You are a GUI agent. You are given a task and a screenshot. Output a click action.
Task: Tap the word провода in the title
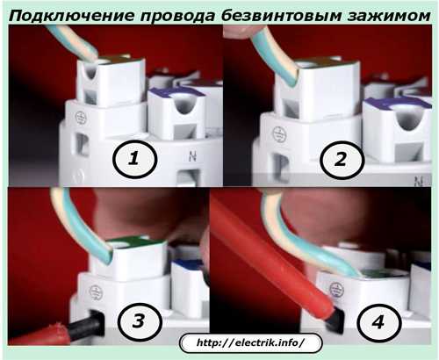(177, 17)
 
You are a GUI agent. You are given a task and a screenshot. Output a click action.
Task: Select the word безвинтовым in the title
(281, 17)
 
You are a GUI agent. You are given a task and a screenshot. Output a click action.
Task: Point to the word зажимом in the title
(389, 17)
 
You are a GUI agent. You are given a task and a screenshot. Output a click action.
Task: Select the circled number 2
(342, 159)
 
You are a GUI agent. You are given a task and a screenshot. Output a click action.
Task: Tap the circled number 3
(139, 320)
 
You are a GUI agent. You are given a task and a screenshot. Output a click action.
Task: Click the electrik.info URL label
(250, 342)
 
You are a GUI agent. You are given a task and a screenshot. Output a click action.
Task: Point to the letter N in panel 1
(192, 156)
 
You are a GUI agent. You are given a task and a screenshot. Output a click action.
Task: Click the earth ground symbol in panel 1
(81, 118)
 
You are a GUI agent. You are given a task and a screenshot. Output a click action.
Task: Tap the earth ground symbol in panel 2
(279, 133)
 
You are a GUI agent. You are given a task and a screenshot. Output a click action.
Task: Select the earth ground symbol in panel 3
(96, 292)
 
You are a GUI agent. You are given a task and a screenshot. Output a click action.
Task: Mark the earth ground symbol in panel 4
(336, 289)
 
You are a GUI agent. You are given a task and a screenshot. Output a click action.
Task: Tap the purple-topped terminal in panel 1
(177, 114)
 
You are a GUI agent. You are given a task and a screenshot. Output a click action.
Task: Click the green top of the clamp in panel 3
(133, 241)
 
